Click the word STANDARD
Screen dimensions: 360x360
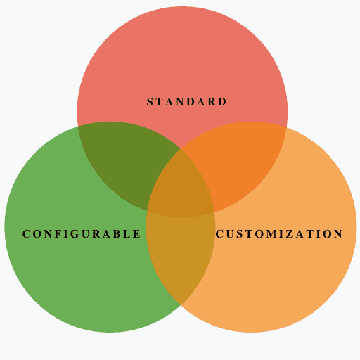[x=186, y=102]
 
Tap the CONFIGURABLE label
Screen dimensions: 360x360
[x=82, y=234]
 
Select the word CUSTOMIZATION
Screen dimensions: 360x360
[x=279, y=234]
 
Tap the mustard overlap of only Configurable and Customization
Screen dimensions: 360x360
[x=181, y=253]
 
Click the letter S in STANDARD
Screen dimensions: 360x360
[x=150, y=102]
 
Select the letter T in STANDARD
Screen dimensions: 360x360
[x=160, y=102]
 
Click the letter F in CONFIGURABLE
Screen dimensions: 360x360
[x=58, y=234]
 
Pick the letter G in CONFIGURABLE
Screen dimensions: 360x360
[x=75, y=234]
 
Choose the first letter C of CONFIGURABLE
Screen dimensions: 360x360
[x=26, y=234]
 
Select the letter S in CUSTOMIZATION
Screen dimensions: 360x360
[x=239, y=234]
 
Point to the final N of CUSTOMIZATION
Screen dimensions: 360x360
[x=338, y=234]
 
